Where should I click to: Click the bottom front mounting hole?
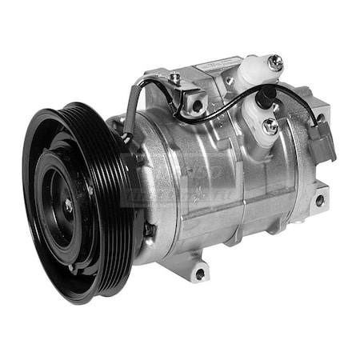(x=198, y=273)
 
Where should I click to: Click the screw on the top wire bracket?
(x=175, y=78)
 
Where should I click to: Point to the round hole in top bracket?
(x=196, y=104)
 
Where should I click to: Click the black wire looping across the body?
(x=224, y=116)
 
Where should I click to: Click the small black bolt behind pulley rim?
(x=149, y=230)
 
